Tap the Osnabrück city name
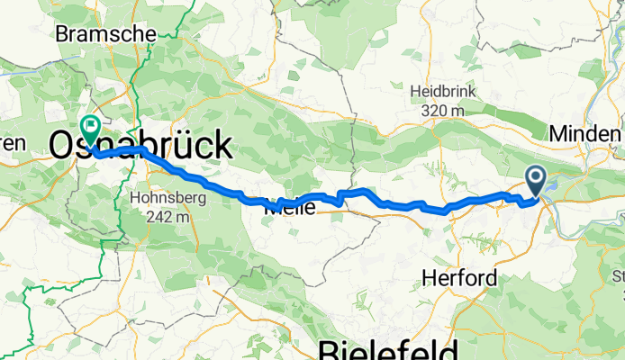[139, 144]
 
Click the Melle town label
[290, 208]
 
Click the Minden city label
[585, 132]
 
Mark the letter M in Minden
[558, 132]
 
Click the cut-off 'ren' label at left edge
[13, 143]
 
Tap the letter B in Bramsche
[62, 32]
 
